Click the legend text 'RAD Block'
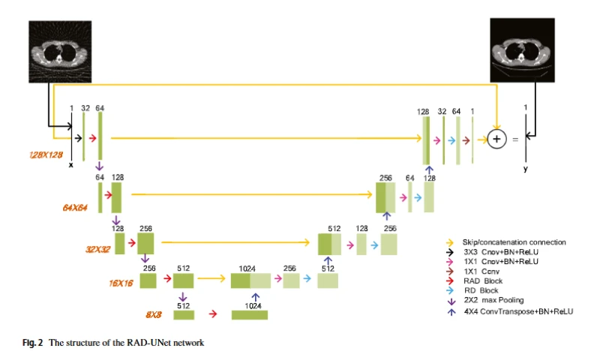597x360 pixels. click(x=482, y=280)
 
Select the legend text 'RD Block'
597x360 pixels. click(x=480, y=290)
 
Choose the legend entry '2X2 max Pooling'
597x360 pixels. click(x=491, y=300)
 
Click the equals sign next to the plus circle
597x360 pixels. click(x=513, y=139)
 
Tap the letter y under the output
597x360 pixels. click(x=526, y=169)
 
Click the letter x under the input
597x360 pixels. click(x=71, y=163)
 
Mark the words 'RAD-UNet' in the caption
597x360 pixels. click(x=144, y=343)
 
